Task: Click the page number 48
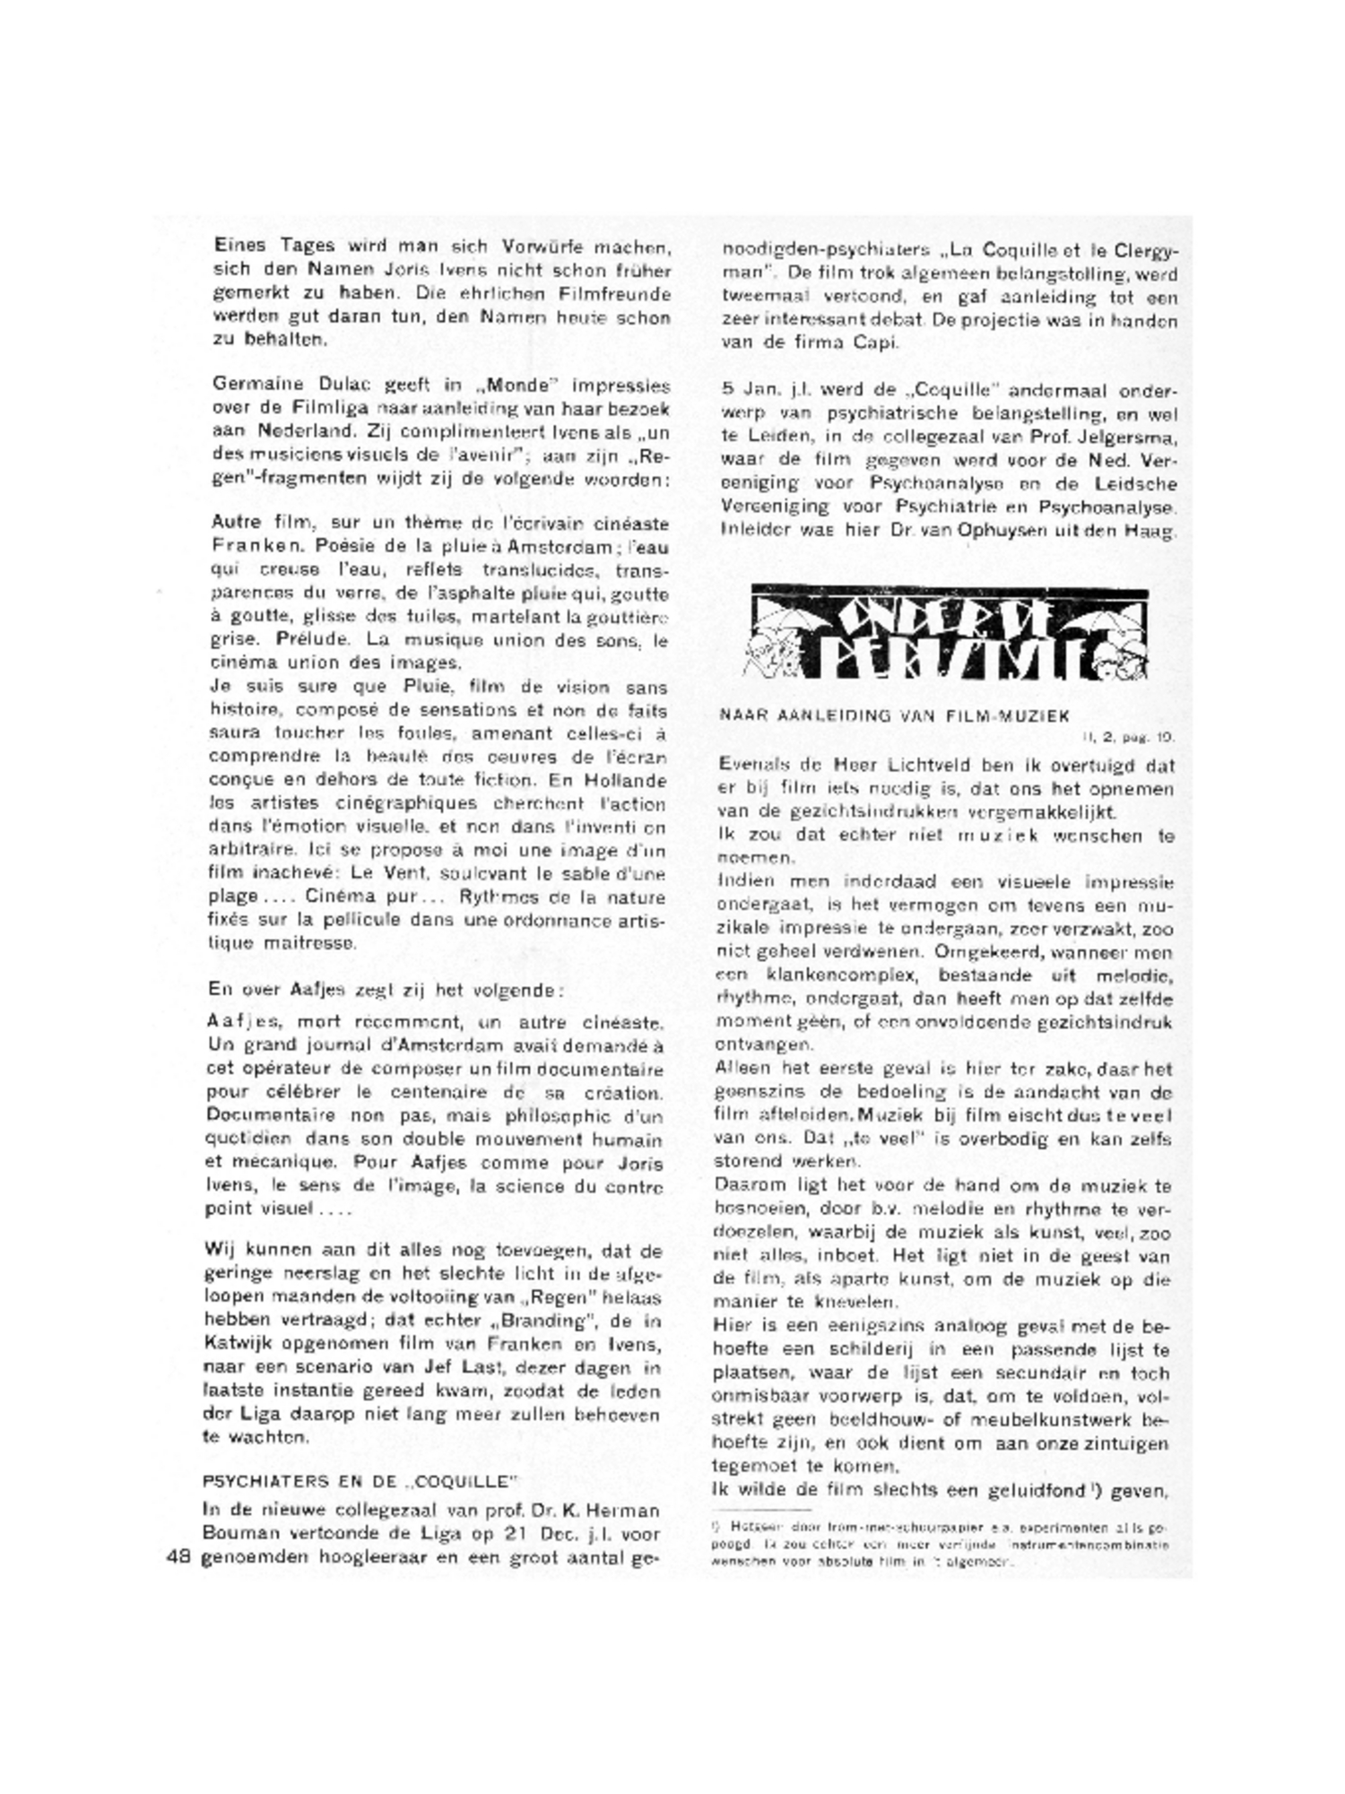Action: [x=178, y=1557]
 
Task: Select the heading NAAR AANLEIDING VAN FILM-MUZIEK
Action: [x=895, y=715]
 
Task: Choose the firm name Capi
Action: [x=875, y=342]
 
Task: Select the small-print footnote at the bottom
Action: [x=941, y=1545]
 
